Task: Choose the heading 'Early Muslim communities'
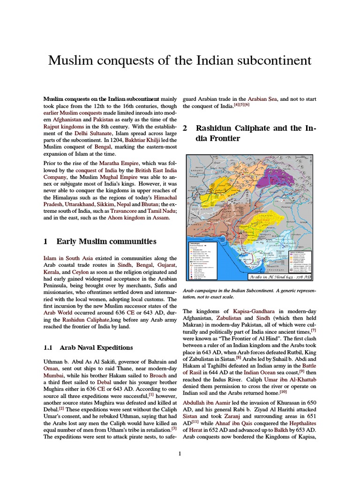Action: coord(106,241)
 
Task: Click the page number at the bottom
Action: coord(180,454)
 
